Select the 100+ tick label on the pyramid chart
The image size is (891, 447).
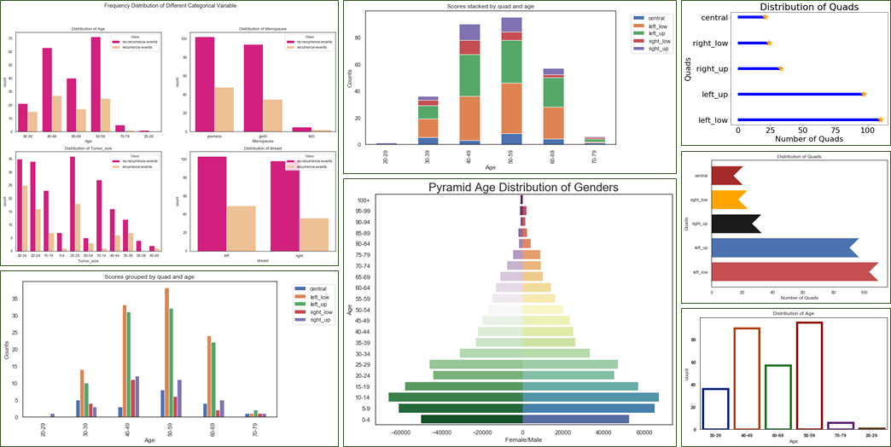[x=363, y=200]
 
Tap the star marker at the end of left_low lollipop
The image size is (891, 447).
[x=879, y=120]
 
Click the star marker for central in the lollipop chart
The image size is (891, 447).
[x=765, y=17]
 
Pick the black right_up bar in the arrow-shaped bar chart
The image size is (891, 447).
[x=734, y=223]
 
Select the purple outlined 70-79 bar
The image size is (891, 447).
[x=840, y=425]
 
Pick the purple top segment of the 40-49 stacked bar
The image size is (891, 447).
[x=470, y=32]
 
